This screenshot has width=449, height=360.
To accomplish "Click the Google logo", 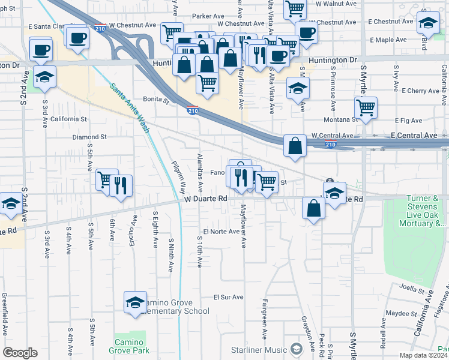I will pos(20,353).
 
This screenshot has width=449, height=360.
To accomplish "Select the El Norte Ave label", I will pos(221,232).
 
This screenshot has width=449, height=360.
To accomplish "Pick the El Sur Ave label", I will pos(229,297).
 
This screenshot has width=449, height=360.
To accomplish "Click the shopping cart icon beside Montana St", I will pos(366,108).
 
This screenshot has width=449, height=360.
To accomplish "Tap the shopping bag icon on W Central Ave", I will pos(295,145).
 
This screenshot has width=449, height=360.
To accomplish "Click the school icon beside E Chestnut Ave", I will pos(428,23).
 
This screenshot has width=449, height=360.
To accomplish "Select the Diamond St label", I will pos(89,137).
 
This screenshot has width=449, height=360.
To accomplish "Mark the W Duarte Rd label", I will pos(206,198).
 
